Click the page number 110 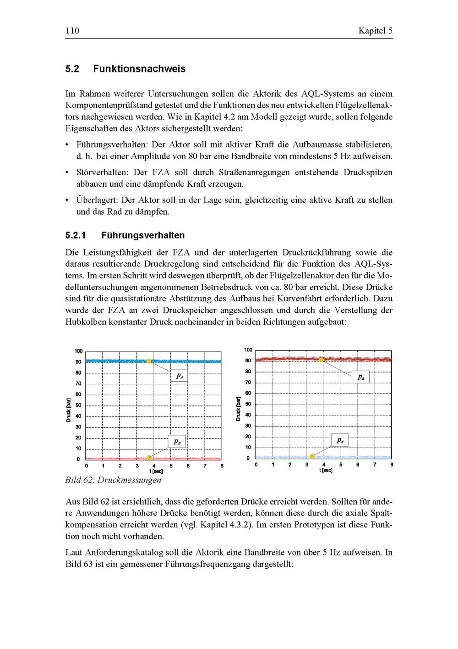[72, 31]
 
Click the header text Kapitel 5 [375, 31]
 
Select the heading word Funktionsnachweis [139, 69]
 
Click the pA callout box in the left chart [179, 376]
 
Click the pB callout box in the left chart [176, 442]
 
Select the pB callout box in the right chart [361, 377]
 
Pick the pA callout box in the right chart [340, 440]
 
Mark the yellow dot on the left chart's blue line [148, 361]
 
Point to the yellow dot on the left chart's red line [149, 457]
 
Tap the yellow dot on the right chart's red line [321, 360]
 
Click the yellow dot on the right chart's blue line [312, 456]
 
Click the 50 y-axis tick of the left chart [78, 405]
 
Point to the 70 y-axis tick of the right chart [248, 383]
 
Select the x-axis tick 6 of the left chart [188, 466]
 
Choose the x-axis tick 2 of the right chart [290, 465]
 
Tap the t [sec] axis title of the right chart [326, 471]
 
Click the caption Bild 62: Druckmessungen [113, 480]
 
